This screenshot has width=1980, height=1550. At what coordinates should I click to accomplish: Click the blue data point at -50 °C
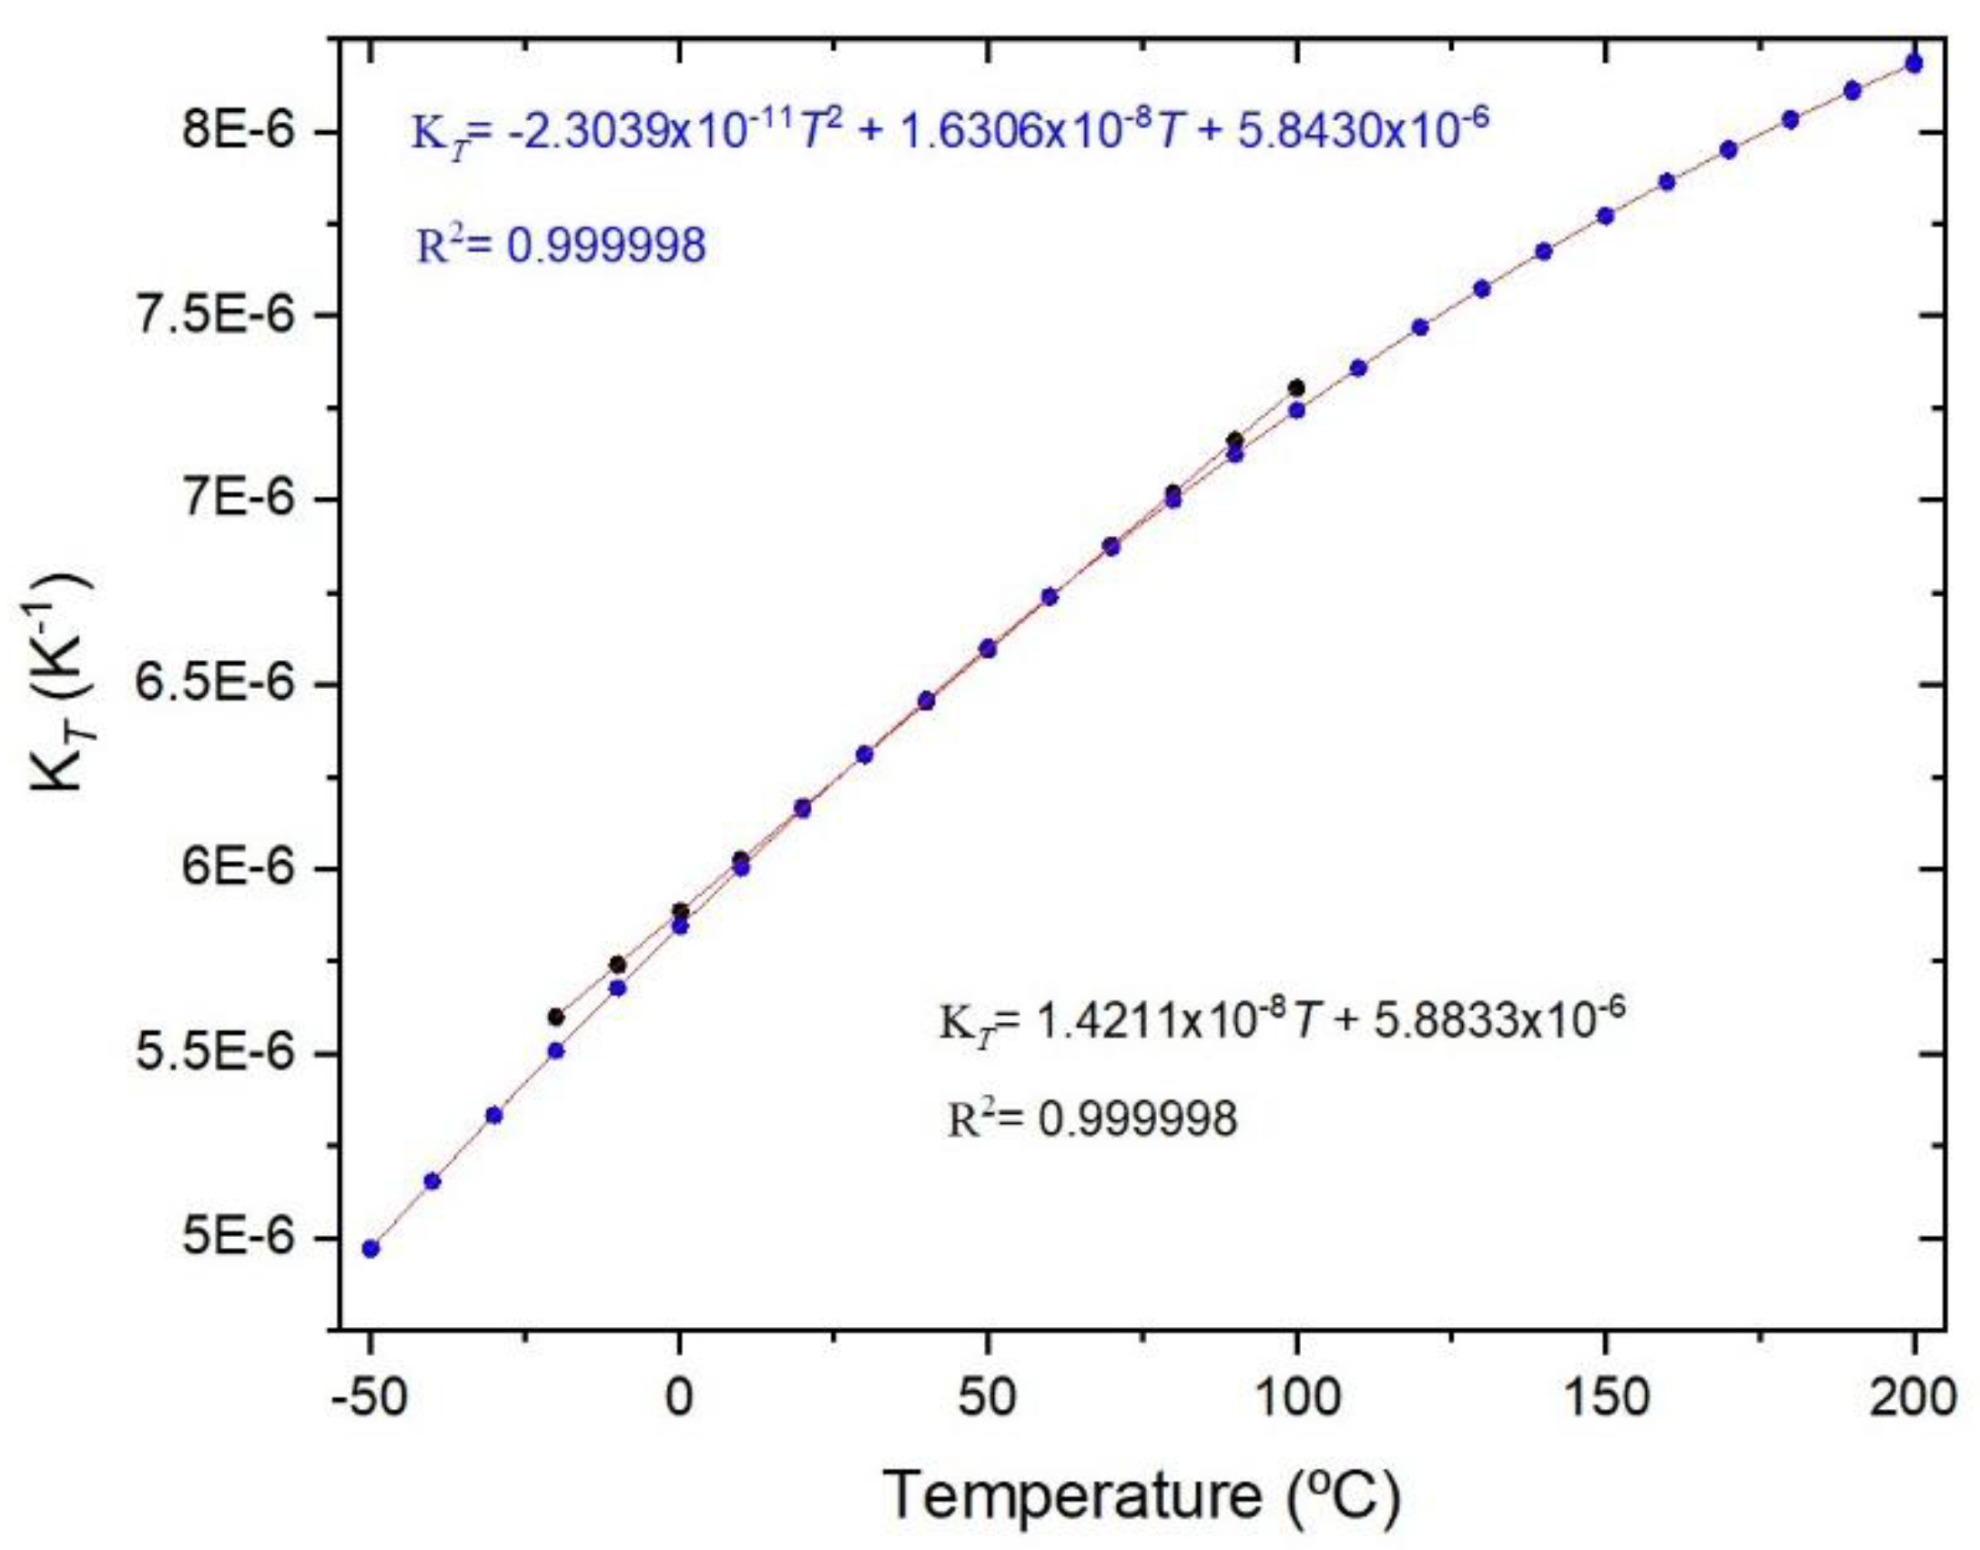(371, 1249)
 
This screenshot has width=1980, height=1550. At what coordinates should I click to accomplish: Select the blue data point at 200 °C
(1914, 63)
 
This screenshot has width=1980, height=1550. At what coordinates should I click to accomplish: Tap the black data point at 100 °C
(1296, 389)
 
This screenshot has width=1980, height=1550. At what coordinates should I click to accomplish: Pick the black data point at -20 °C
(556, 1017)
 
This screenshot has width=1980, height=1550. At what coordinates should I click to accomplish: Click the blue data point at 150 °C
(1605, 216)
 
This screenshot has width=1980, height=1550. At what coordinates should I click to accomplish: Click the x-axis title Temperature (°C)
(1142, 1495)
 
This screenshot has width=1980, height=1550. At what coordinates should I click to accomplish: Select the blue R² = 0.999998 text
(561, 246)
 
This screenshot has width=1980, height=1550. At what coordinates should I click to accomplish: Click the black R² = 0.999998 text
(1092, 1119)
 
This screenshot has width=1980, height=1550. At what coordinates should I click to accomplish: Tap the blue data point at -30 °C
(494, 1115)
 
